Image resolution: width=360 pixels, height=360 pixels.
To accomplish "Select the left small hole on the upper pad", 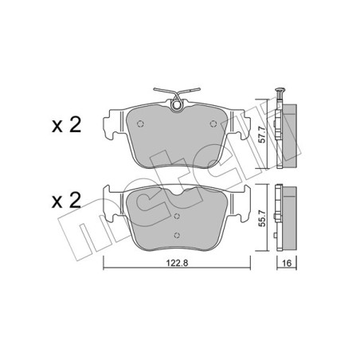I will pos(141,123).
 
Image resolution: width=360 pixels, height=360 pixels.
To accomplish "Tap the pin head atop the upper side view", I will pos(281,89).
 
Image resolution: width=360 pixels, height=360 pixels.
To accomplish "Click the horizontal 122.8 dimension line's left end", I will pos(104,267).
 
